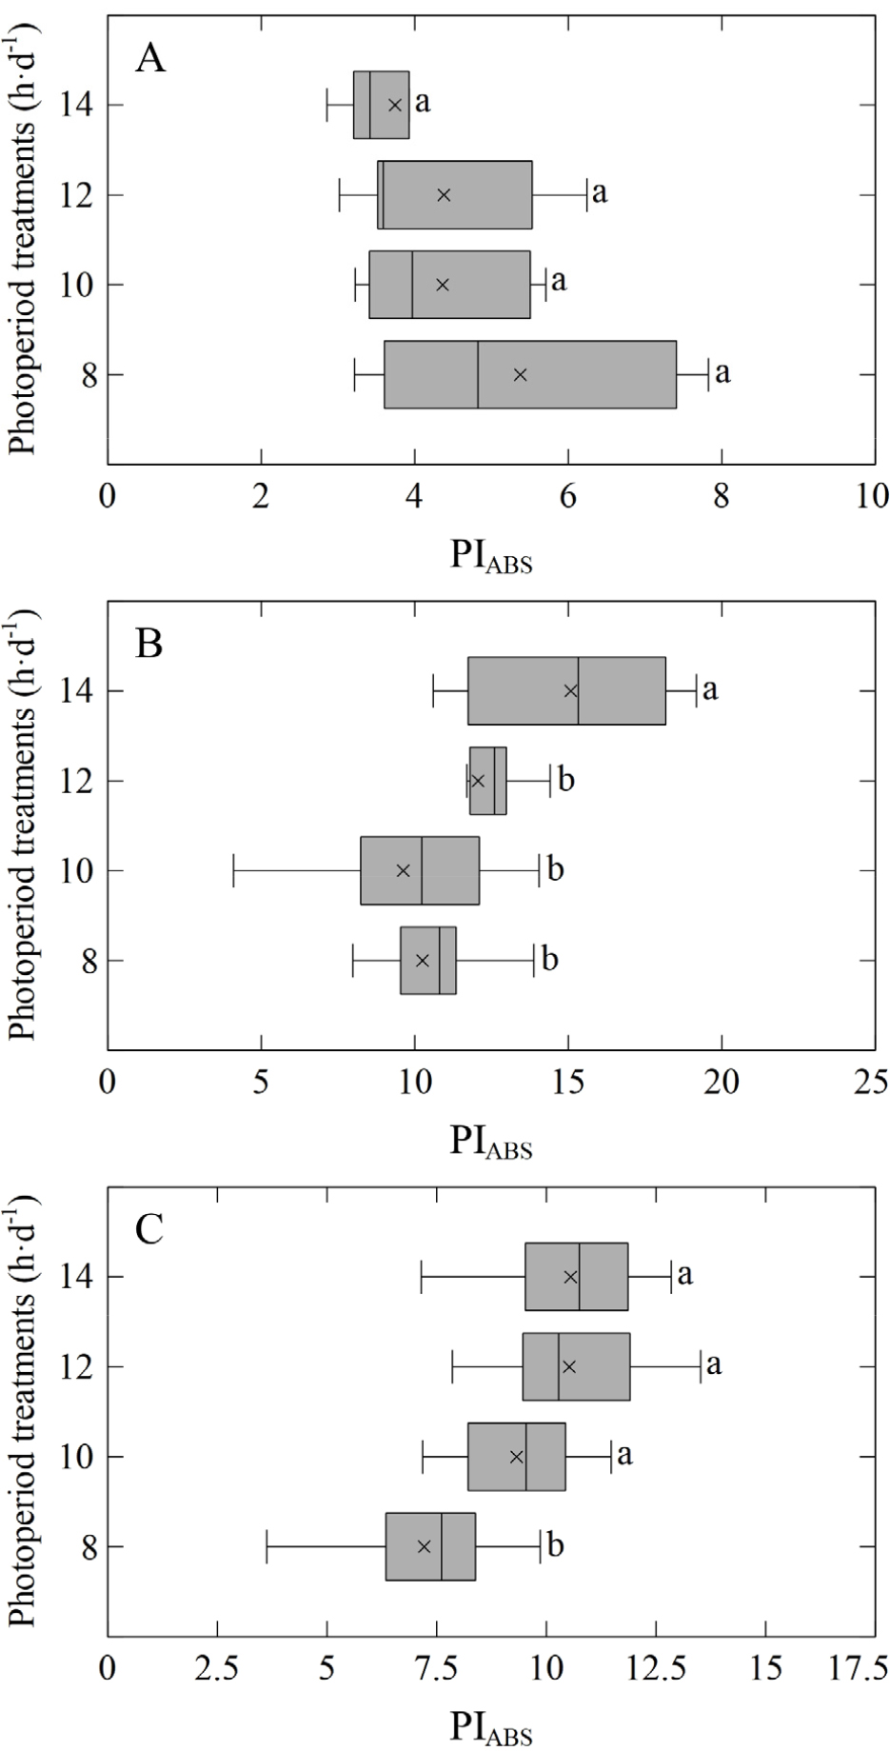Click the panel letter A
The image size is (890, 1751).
click(x=150, y=59)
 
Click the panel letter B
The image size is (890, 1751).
click(x=149, y=645)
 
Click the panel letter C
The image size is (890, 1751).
click(x=149, y=1229)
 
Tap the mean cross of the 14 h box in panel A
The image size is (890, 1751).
click(x=395, y=105)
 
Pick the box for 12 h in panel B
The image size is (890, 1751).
click(x=487, y=781)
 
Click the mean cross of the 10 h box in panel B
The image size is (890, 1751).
click(x=403, y=870)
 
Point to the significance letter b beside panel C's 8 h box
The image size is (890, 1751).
click(x=556, y=1544)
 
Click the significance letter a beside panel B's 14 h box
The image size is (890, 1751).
click(x=710, y=688)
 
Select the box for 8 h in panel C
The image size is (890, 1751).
click(x=430, y=1546)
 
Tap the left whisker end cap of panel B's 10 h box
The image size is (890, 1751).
click(x=234, y=870)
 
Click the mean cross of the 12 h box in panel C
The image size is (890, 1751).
click(x=569, y=1366)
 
